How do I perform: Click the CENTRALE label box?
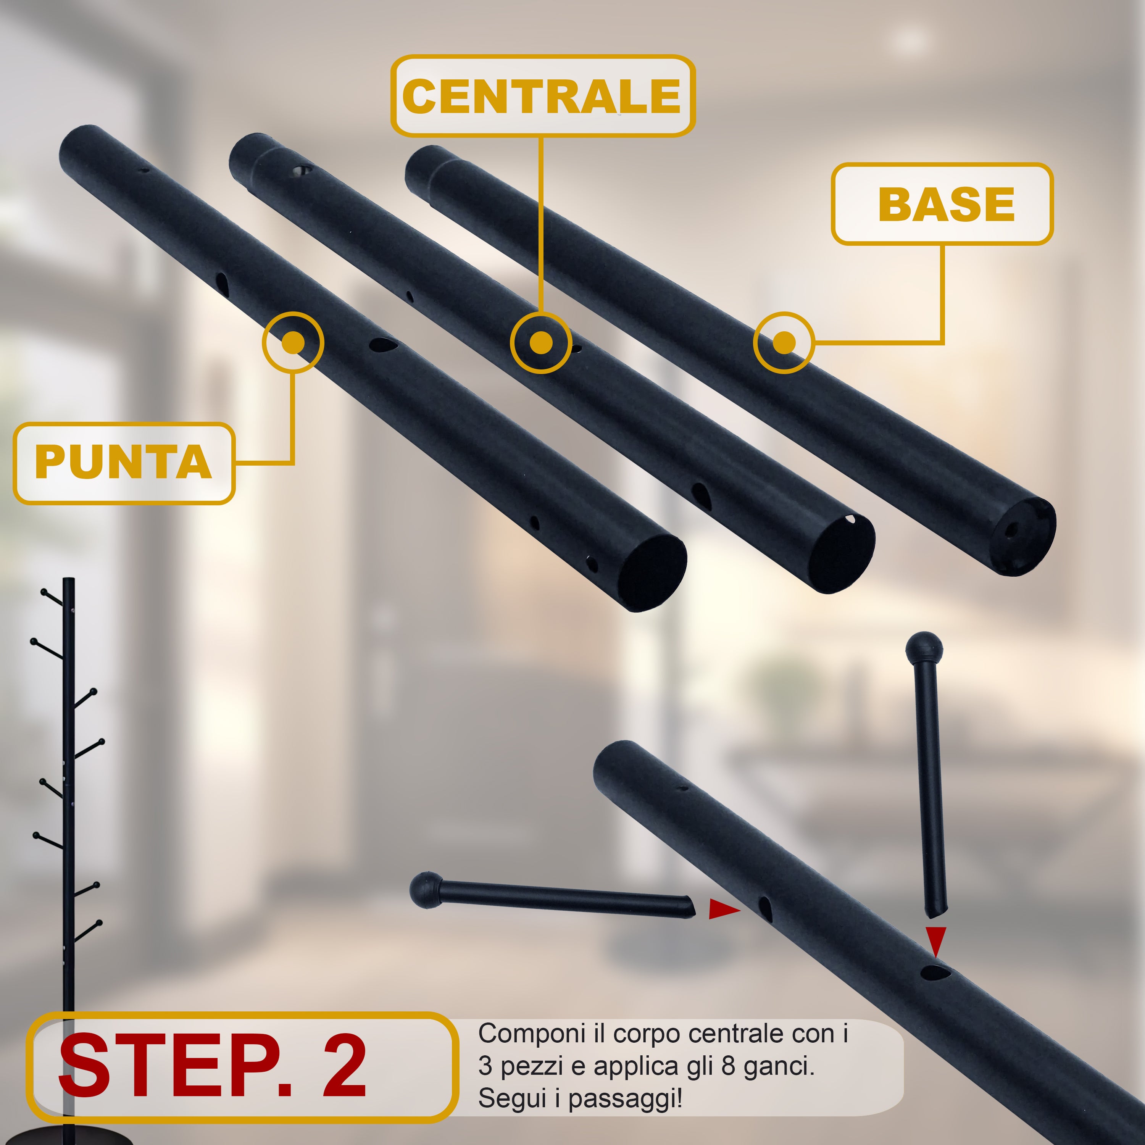pyautogui.click(x=542, y=96)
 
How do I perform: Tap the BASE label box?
pyautogui.click(x=942, y=204)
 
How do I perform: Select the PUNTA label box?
pyautogui.click(x=124, y=463)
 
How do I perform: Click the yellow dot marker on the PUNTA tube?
pyautogui.click(x=293, y=343)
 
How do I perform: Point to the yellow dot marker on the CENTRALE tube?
pyautogui.click(x=540, y=343)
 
